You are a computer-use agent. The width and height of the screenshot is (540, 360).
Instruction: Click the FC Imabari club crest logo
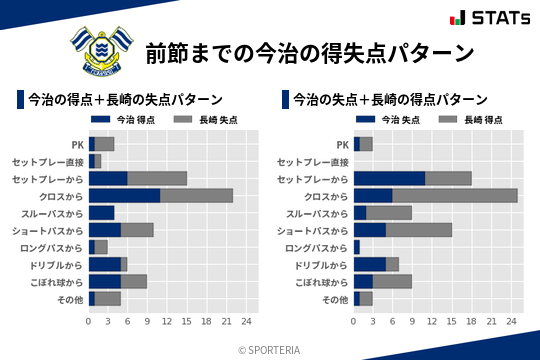point(99,51)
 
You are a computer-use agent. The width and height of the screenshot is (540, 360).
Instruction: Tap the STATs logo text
point(499,18)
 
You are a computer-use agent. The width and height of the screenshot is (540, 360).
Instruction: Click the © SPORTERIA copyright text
point(270,349)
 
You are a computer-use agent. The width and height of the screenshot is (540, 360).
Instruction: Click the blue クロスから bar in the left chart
point(124,195)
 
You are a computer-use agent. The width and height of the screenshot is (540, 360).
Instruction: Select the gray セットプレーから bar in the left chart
point(157,178)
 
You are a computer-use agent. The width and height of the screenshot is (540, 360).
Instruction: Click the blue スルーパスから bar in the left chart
point(101,212)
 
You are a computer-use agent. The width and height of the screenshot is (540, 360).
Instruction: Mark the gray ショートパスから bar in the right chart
point(419,229)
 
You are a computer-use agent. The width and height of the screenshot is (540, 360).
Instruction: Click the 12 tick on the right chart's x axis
point(432,322)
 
